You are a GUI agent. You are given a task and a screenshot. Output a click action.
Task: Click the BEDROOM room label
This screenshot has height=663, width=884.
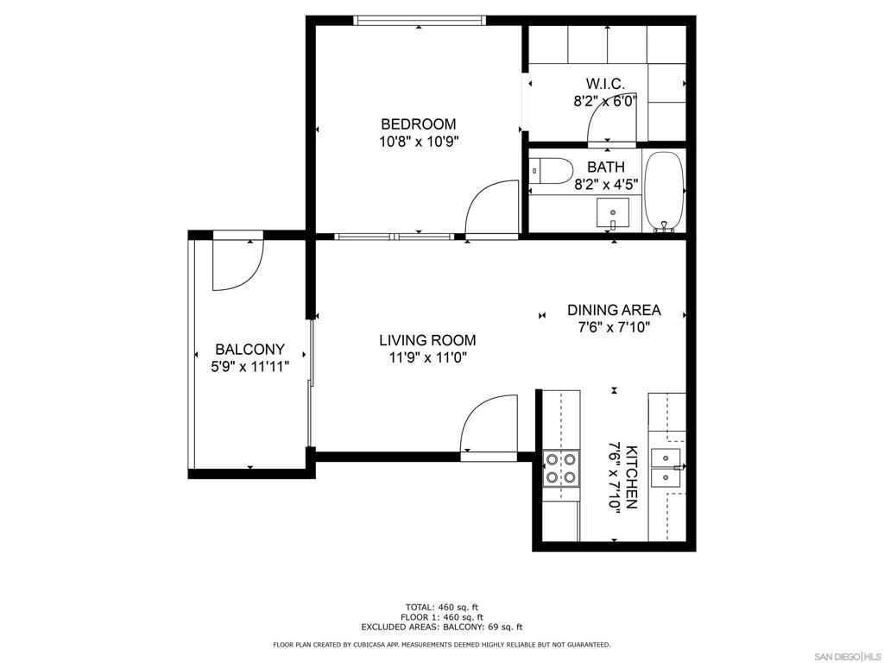click(x=419, y=124)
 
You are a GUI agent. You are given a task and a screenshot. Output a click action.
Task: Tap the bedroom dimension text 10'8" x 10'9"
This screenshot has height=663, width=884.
click(x=419, y=141)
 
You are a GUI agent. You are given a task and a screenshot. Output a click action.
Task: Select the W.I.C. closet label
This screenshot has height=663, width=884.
click(x=605, y=85)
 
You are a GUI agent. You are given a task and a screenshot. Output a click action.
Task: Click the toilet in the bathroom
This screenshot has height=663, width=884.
click(x=551, y=170)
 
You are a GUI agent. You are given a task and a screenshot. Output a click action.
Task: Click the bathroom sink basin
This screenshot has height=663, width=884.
click(x=613, y=213)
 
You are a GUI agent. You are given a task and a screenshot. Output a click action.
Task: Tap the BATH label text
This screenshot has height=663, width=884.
click(x=606, y=167)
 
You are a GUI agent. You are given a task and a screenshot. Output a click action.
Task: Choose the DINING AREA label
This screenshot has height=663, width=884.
click(x=614, y=310)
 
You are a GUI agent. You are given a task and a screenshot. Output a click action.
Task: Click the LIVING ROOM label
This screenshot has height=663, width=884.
click(x=427, y=340)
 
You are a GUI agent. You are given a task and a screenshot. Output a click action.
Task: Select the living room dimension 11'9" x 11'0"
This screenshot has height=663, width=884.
click(x=428, y=357)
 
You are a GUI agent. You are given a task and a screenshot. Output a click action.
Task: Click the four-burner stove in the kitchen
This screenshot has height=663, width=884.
click(x=561, y=469)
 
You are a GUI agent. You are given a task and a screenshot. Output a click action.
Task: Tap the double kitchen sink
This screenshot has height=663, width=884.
click(x=666, y=468)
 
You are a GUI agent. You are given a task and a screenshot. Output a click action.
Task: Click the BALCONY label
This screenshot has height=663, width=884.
click(x=249, y=350)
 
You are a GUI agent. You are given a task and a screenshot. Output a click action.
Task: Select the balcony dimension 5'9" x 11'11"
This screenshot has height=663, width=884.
click(x=249, y=367)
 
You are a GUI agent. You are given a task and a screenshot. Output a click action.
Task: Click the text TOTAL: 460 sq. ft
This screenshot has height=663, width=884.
click(x=441, y=607)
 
